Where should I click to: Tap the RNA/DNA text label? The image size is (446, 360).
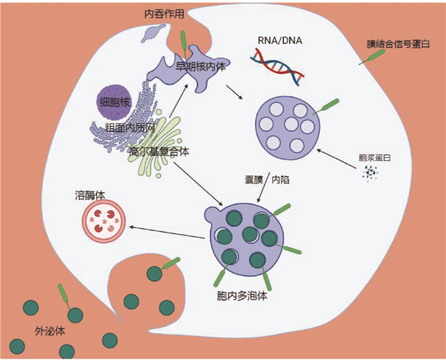coord(280,42)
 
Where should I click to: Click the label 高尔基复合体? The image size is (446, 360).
coord(159,152)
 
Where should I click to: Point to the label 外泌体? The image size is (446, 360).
coord(50,332)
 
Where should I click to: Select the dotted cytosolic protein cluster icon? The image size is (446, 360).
coord(370,173)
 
